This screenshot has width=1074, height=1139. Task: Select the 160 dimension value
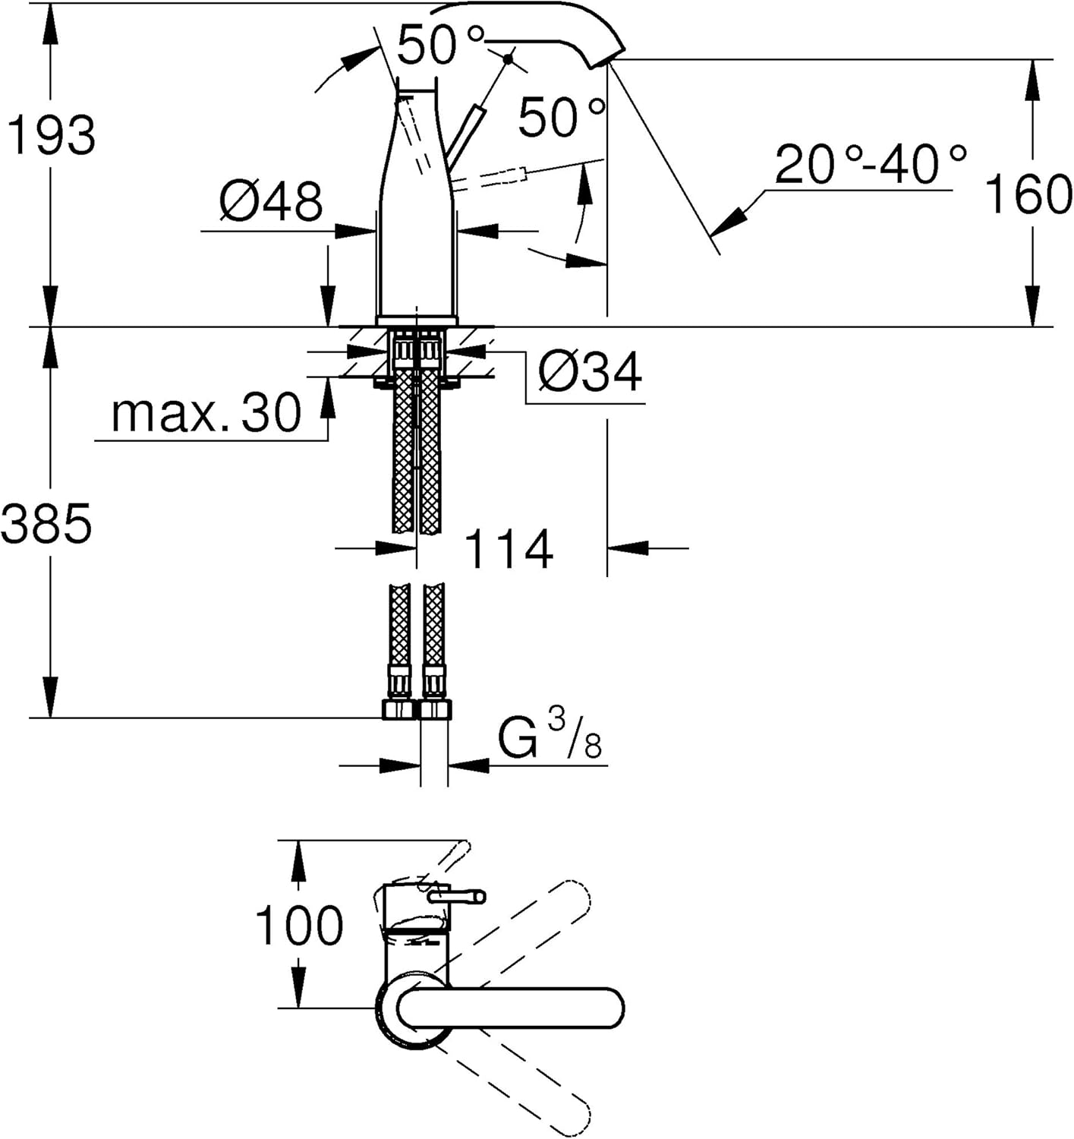tap(1028, 195)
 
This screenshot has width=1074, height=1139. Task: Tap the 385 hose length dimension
tap(46, 523)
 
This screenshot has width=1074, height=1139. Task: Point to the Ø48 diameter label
tap(271, 202)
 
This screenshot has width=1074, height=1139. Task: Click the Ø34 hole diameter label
tap(590, 372)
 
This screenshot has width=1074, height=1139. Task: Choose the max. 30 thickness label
tap(206, 413)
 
